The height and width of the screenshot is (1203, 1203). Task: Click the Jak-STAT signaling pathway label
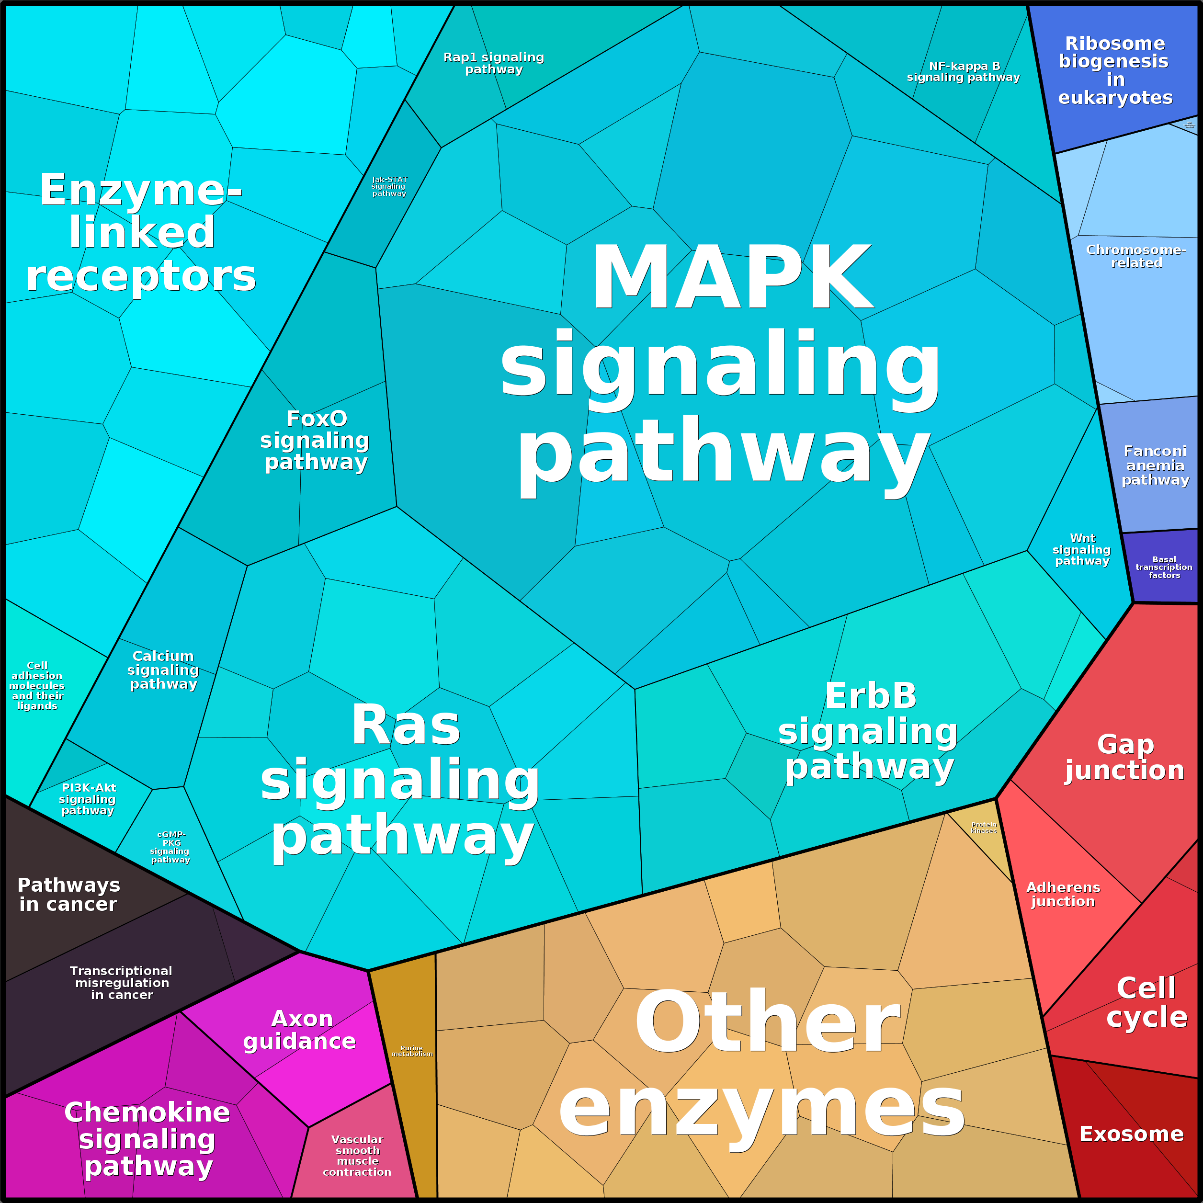tap(389, 186)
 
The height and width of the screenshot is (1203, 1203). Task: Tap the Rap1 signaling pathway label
tap(494, 63)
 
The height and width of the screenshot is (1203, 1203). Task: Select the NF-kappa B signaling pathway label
tap(963, 72)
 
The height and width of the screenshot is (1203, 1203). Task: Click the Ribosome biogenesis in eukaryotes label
tap(1114, 70)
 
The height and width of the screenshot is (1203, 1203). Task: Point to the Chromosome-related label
tap(1136, 256)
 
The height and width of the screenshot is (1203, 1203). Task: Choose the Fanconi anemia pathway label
tap(1155, 465)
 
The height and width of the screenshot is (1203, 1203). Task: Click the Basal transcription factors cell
tap(1164, 567)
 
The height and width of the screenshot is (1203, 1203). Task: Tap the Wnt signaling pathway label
tap(1082, 549)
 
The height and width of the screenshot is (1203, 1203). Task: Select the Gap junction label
tap(1124, 757)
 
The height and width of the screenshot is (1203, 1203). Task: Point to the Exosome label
tap(1131, 1134)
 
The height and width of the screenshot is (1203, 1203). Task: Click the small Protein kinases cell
tap(984, 828)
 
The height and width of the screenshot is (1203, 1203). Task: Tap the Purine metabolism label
tap(411, 1051)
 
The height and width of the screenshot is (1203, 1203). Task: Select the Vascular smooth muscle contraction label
tap(357, 1156)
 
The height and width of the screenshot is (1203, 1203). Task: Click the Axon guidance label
tap(300, 1030)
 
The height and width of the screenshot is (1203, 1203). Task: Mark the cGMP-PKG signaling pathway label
tap(170, 847)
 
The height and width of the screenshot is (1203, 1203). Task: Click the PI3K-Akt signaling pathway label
tap(88, 799)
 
